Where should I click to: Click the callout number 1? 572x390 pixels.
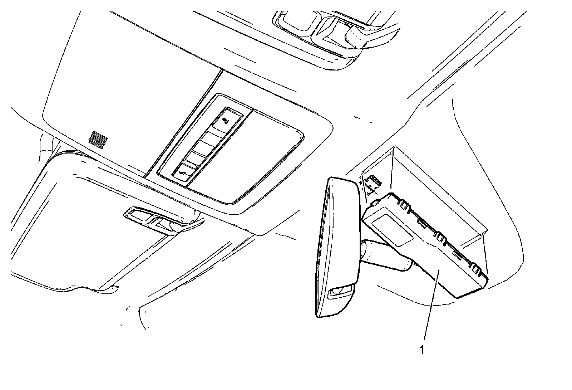click(x=422, y=350)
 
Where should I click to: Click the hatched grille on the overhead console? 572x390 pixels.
click(x=98, y=140)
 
